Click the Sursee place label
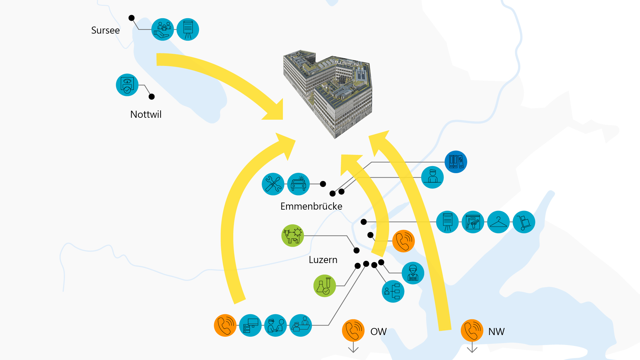tap(105, 30)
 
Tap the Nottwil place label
tap(146, 115)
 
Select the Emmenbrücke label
tap(311, 206)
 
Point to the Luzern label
tap(323, 260)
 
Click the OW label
tap(378, 332)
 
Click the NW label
tap(496, 332)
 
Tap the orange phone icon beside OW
tap(353, 330)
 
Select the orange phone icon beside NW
tap(472, 330)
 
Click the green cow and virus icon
tap(292, 236)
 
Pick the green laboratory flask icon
tap(324, 286)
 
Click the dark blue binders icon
tap(456, 162)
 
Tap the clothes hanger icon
tap(498, 222)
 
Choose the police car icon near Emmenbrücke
tap(298, 184)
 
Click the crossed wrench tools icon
tap(273, 184)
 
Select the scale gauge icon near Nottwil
tap(127, 85)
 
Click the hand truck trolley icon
tap(524, 222)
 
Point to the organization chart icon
tap(393, 291)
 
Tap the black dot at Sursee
tap(132, 18)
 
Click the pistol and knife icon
tap(473, 222)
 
